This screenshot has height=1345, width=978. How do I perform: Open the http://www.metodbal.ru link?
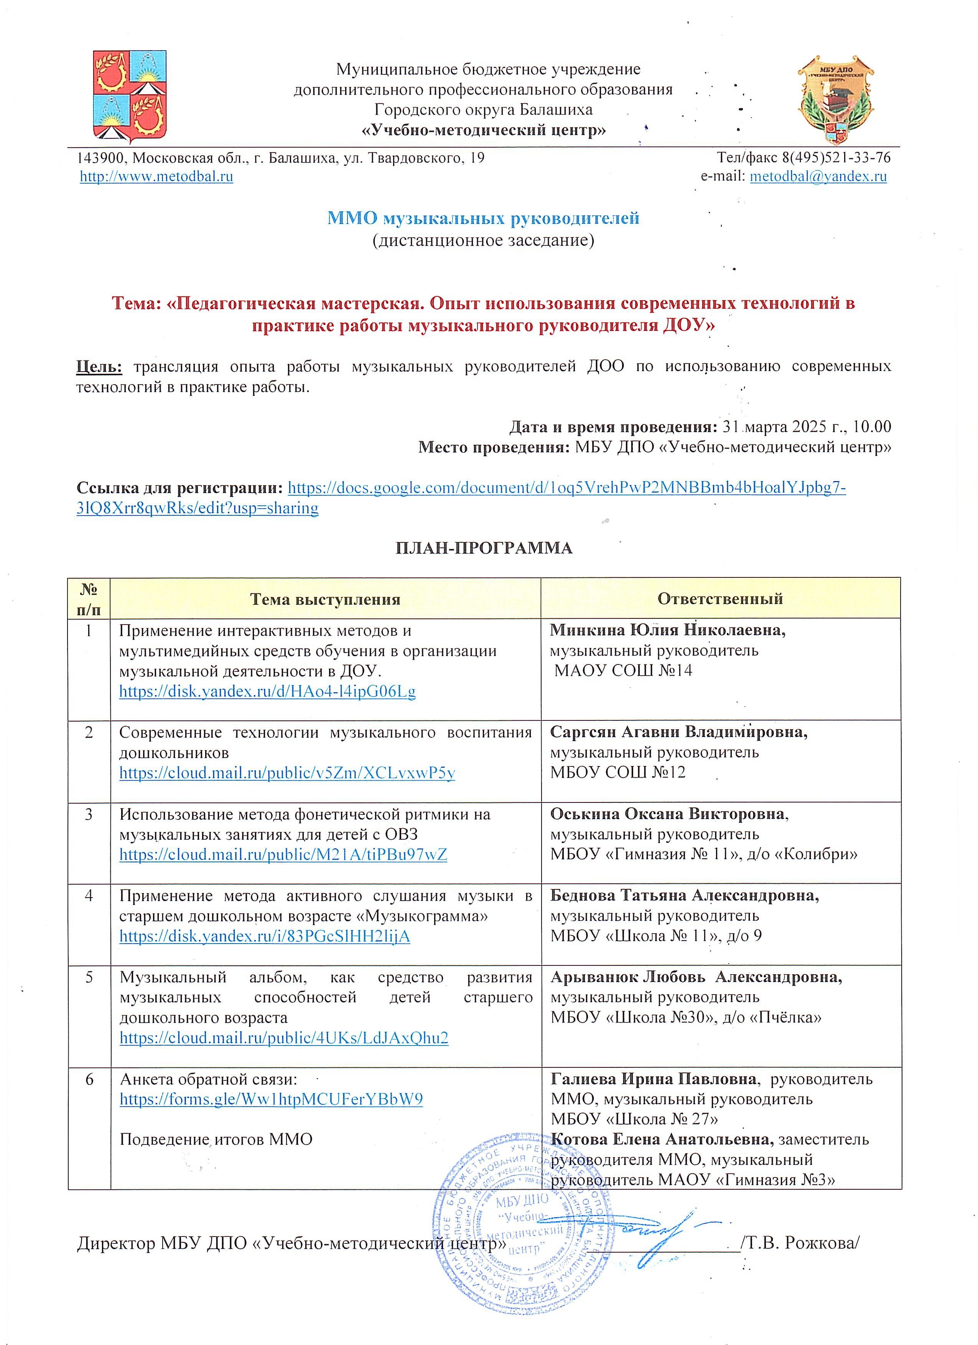tap(156, 177)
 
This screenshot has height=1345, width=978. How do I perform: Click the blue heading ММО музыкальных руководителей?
tap(483, 218)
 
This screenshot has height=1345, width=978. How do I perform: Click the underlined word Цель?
tap(99, 367)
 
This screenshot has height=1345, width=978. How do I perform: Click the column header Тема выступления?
tap(325, 599)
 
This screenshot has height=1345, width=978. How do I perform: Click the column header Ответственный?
tap(720, 599)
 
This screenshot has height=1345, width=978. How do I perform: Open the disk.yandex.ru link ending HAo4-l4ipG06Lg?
tap(267, 691)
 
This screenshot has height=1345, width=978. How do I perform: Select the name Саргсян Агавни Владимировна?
tap(678, 732)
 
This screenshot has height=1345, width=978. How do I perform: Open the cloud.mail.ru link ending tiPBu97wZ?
tap(283, 855)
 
